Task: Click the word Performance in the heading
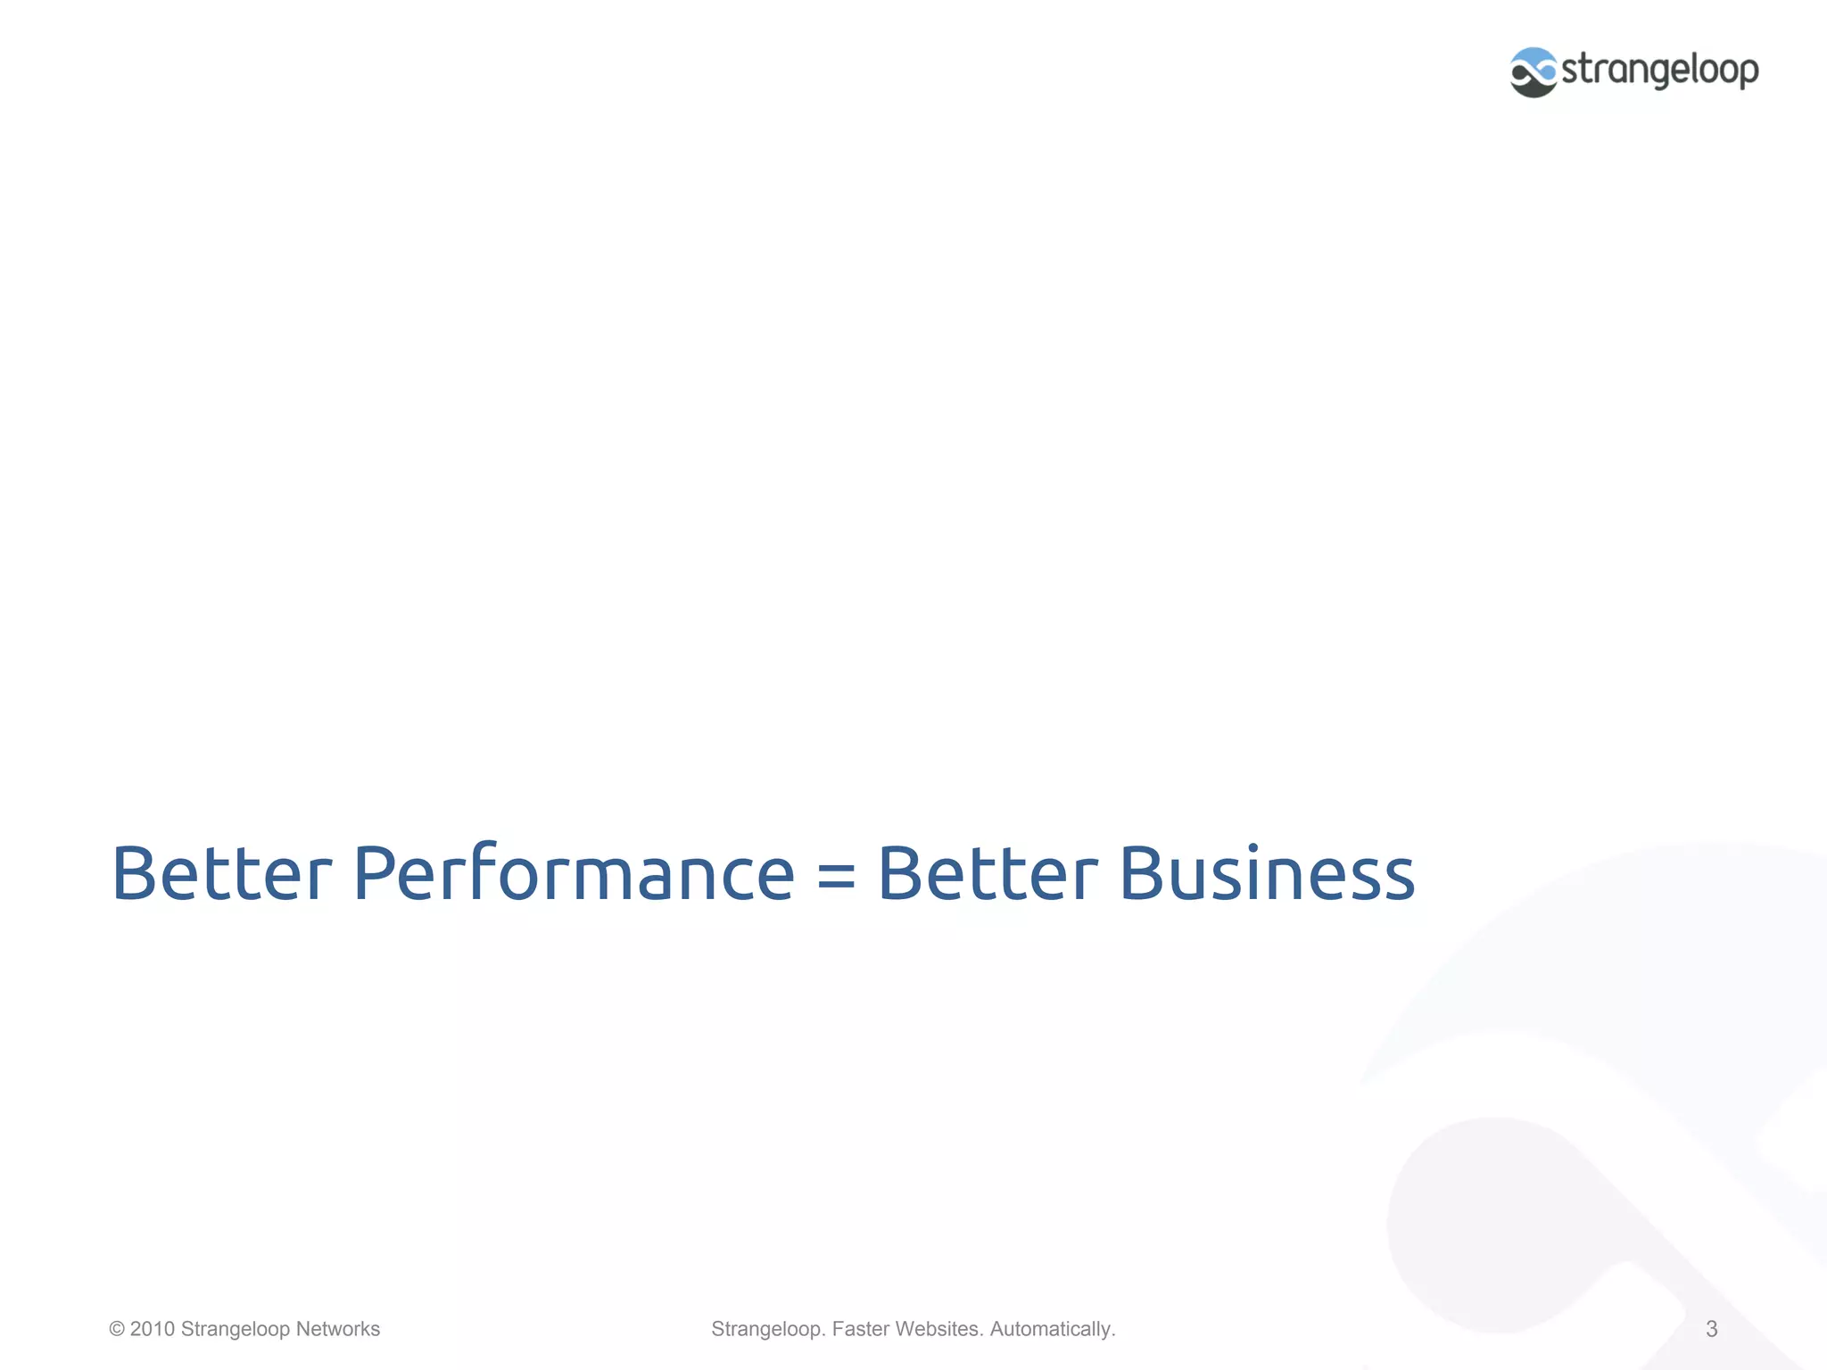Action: coord(573,874)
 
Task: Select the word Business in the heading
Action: coord(1267,874)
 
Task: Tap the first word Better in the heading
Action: coord(221,874)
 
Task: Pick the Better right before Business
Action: coord(988,874)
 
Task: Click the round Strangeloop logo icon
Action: coord(1534,72)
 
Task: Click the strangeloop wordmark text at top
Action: coord(1660,70)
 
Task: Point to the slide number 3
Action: coord(1711,1329)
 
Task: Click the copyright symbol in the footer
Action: coord(117,1329)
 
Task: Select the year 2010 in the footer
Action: coord(153,1329)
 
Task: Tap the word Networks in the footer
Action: coord(337,1329)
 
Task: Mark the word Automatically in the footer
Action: coord(1052,1329)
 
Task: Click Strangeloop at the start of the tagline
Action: coord(767,1329)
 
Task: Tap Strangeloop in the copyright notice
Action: coord(236,1329)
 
